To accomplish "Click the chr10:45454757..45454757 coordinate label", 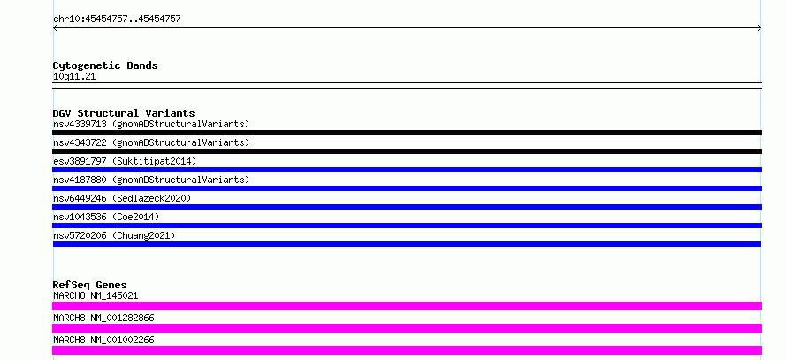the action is [x=117, y=19].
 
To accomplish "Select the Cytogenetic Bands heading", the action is [x=105, y=65].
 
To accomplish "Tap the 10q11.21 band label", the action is [x=74, y=77].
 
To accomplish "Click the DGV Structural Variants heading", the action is [x=124, y=113].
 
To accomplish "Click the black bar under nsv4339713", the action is [x=407, y=133].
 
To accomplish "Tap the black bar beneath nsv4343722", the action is [x=407, y=151].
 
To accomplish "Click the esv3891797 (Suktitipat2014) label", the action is [x=125, y=161].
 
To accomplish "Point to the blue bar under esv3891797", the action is [x=407, y=170].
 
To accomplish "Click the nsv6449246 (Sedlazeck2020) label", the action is [x=122, y=198].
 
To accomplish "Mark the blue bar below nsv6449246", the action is [x=407, y=207].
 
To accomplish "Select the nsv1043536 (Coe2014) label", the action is [x=106, y=217].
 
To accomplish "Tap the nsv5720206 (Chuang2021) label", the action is [x=114, y=235].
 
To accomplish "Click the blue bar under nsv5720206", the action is [x=407, y=244].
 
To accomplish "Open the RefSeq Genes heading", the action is [x=90, y=285].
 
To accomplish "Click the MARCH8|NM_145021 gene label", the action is [x=96, y=295].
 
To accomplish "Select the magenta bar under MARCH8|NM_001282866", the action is [x=407, y=328].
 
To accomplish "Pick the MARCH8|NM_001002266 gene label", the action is [x=103, y=340].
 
